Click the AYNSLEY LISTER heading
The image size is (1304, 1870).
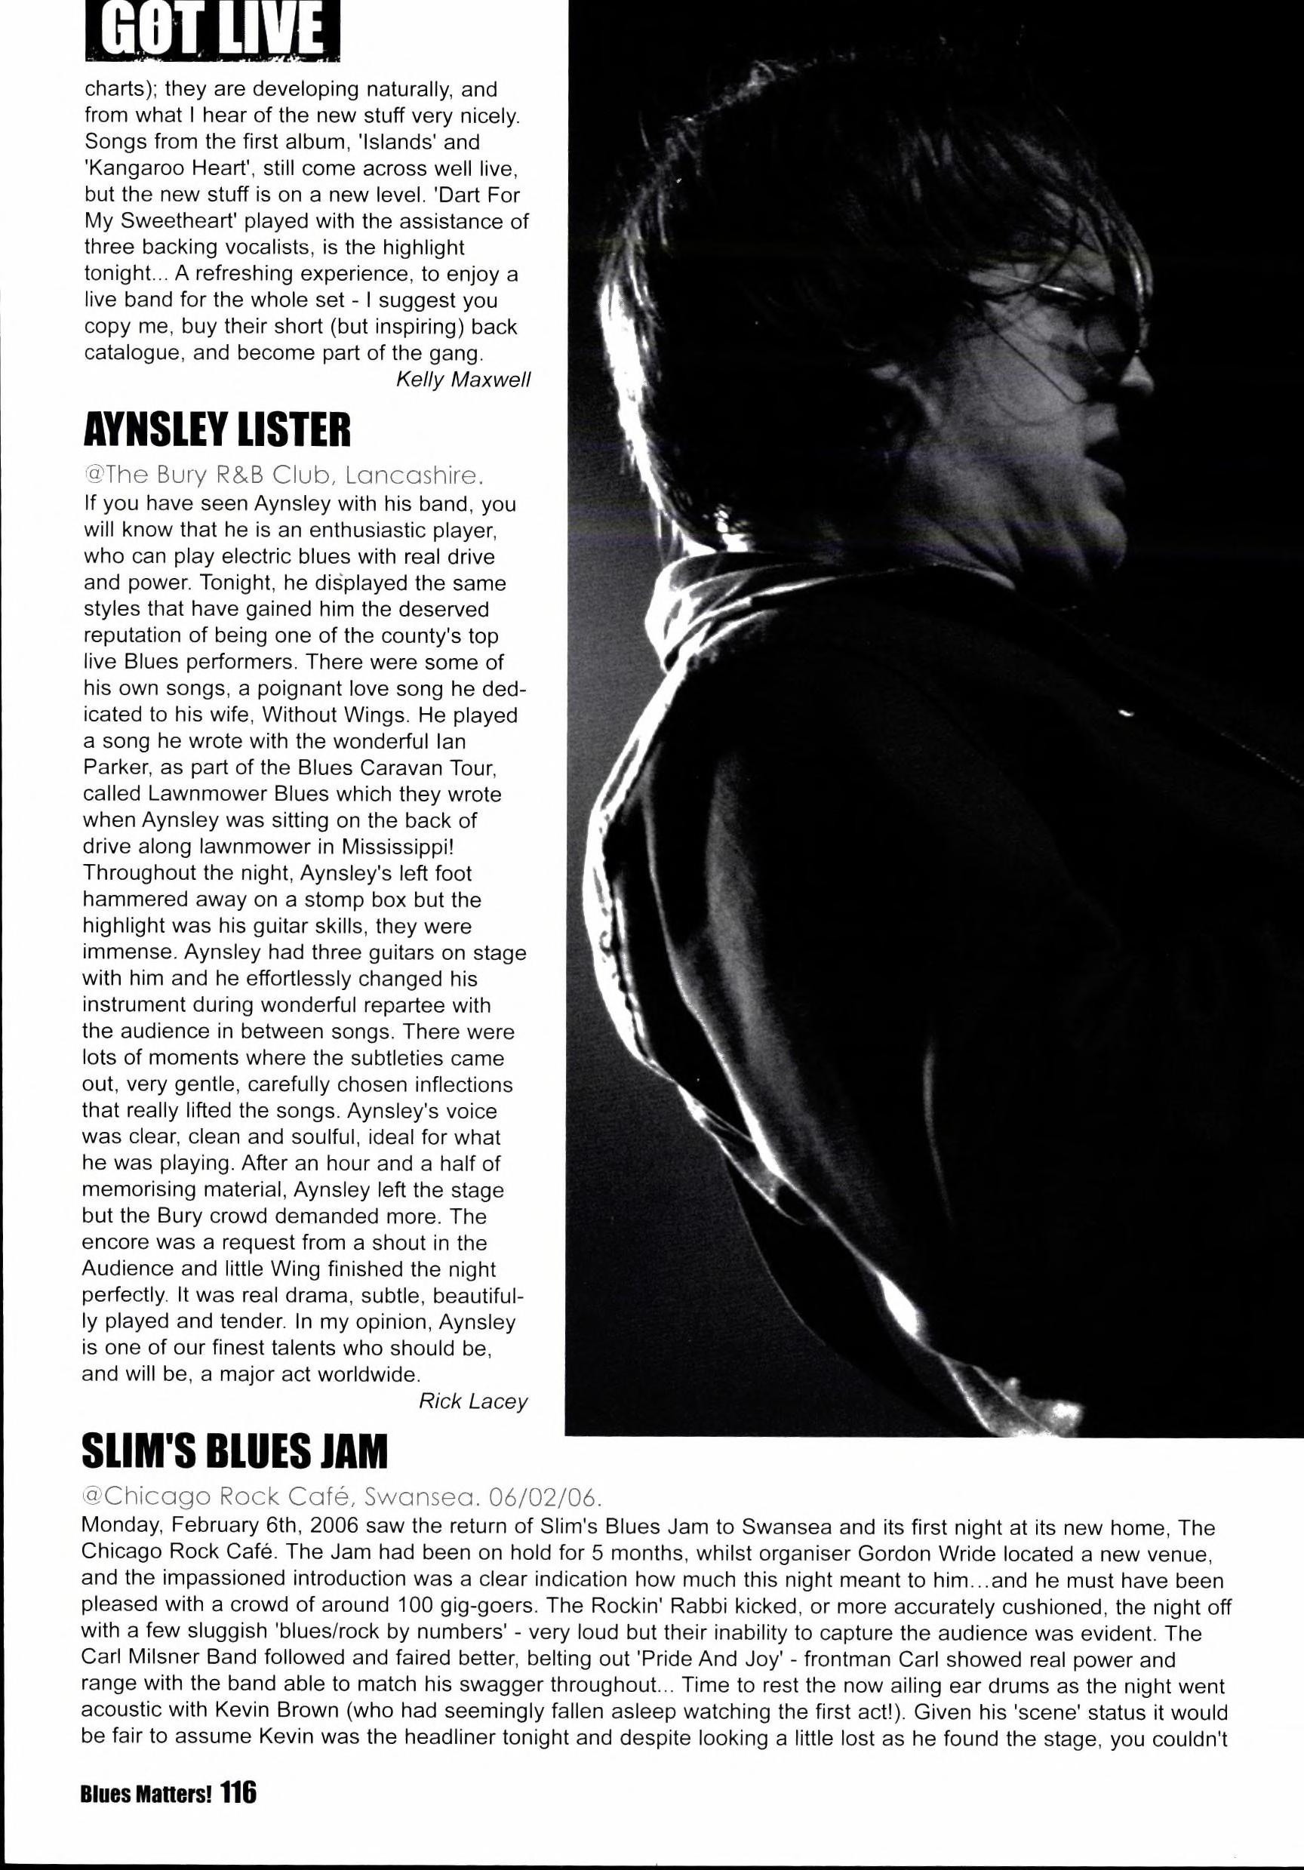point(217,429)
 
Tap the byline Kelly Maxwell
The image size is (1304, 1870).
point(463,380)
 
